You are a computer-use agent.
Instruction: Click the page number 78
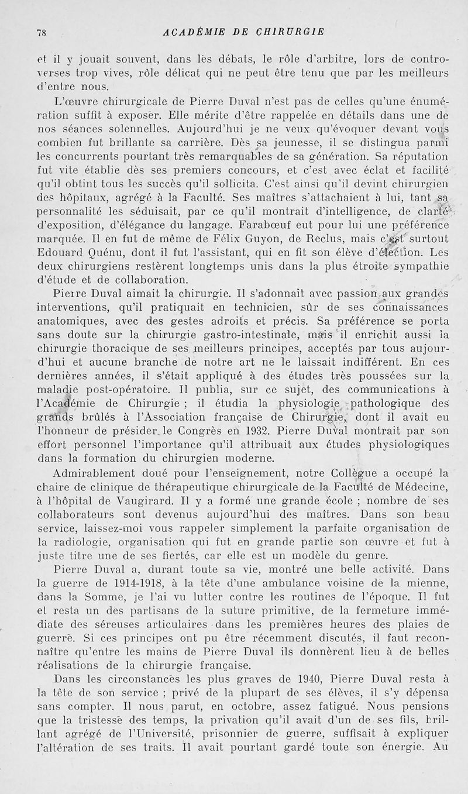tap(40, 33)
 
